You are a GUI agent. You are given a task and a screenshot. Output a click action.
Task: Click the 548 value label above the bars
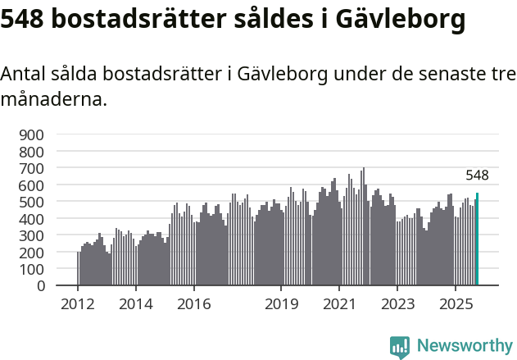477,175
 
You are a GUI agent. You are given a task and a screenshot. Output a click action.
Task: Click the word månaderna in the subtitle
53,100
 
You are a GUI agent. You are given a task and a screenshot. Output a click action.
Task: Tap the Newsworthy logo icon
400,347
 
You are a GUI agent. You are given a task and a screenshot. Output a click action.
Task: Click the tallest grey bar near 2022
363,227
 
